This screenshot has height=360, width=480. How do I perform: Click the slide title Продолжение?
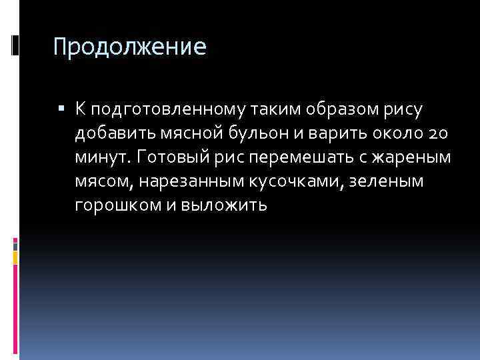coord(131,47)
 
